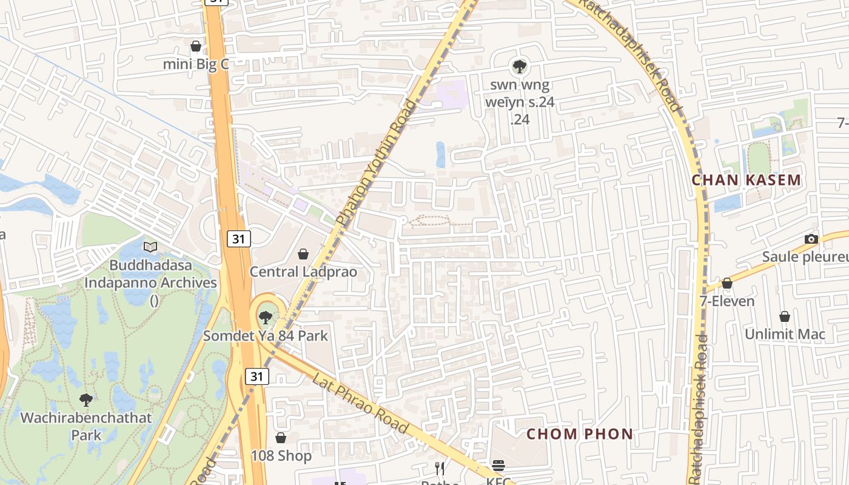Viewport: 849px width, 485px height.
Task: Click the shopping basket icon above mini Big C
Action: point(195,46)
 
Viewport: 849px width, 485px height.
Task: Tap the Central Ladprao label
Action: point(303,272)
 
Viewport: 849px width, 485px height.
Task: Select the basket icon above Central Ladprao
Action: point(303,254)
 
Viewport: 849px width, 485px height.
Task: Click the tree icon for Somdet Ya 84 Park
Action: point(265,317)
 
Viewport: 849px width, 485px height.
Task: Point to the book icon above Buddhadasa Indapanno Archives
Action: point(150,247)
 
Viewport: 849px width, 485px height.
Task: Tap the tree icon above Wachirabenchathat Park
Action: point(86,400)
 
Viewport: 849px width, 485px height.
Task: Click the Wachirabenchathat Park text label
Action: point(86,426)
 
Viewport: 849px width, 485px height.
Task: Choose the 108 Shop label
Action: point(281,456)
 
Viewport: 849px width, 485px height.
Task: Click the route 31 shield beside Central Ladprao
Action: point(239,239)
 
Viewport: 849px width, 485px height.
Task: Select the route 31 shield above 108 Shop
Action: point(257,376)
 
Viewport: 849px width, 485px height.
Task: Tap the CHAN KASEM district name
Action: point(747,180)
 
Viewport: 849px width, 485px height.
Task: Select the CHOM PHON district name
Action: point(580,434)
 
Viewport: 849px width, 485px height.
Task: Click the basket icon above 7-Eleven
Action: point(727,283)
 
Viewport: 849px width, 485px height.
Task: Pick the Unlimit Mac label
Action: point(785,334)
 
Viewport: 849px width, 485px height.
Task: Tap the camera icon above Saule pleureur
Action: point(811,239)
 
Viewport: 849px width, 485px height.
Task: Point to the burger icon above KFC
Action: point(498,466)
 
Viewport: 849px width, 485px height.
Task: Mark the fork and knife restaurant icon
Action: point(440,468)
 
